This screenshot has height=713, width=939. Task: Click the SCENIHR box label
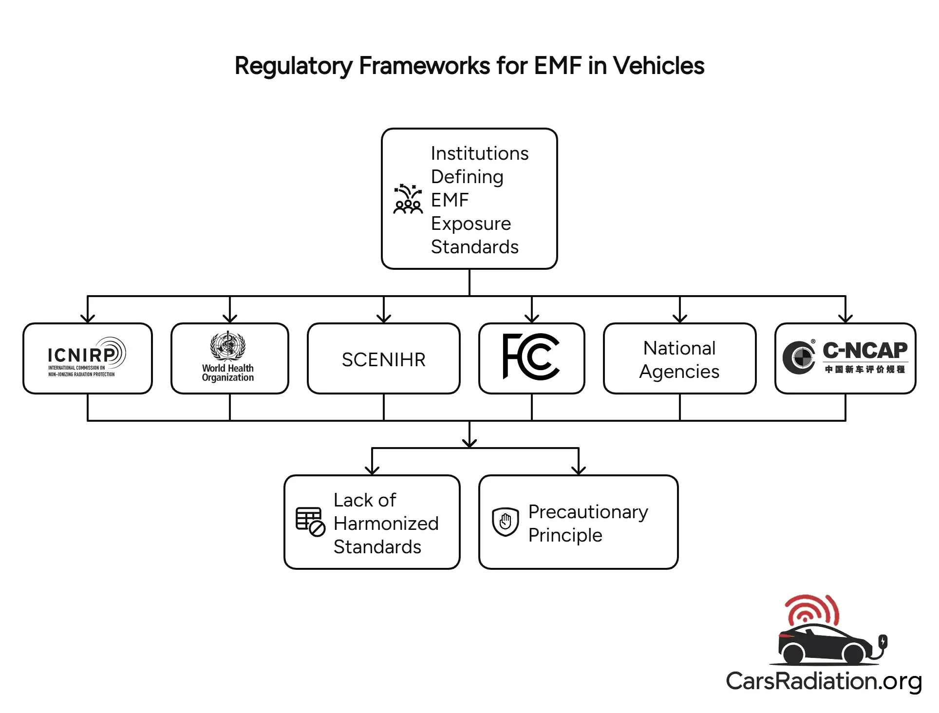pyautogui.click(x=383, y=359)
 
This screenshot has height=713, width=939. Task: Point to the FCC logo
pyautogui.click(x=531, y=356)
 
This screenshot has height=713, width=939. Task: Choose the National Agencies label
pyautogui.click(x=679, y=359)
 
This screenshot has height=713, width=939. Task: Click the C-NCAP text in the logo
pyautogui.click(x=864, y=350)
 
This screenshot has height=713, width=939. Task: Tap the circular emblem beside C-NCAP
pyautogui.click(x=799, y=358)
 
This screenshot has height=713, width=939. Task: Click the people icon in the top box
pyautogui.click(x=408, y=199)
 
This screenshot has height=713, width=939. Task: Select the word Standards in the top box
pyautogui.click(x=474, y=247)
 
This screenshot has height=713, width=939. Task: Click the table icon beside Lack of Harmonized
pyautogui.click(x=310, y=522)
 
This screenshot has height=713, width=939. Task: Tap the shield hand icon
pyautogui.click(x=505, y=522)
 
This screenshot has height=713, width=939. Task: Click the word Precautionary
pyautogui.click(x=588, y=511)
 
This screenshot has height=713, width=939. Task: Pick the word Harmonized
pyautogui.click(x=386, y=523)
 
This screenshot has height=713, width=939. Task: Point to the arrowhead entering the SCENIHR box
pyautogui.click(x=384, y=319)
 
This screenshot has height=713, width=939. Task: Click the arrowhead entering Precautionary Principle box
pyautogui.click(x=578, y=470)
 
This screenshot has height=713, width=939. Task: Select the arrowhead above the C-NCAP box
pyautogui.click(x=845, y=319)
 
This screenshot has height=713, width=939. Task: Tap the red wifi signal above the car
pyautogui.click(x=811, y=609)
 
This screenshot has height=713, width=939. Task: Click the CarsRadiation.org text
pyautogui.click(x=824, y=681)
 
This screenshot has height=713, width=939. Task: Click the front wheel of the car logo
pyautogui.click(x=853, y=654)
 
